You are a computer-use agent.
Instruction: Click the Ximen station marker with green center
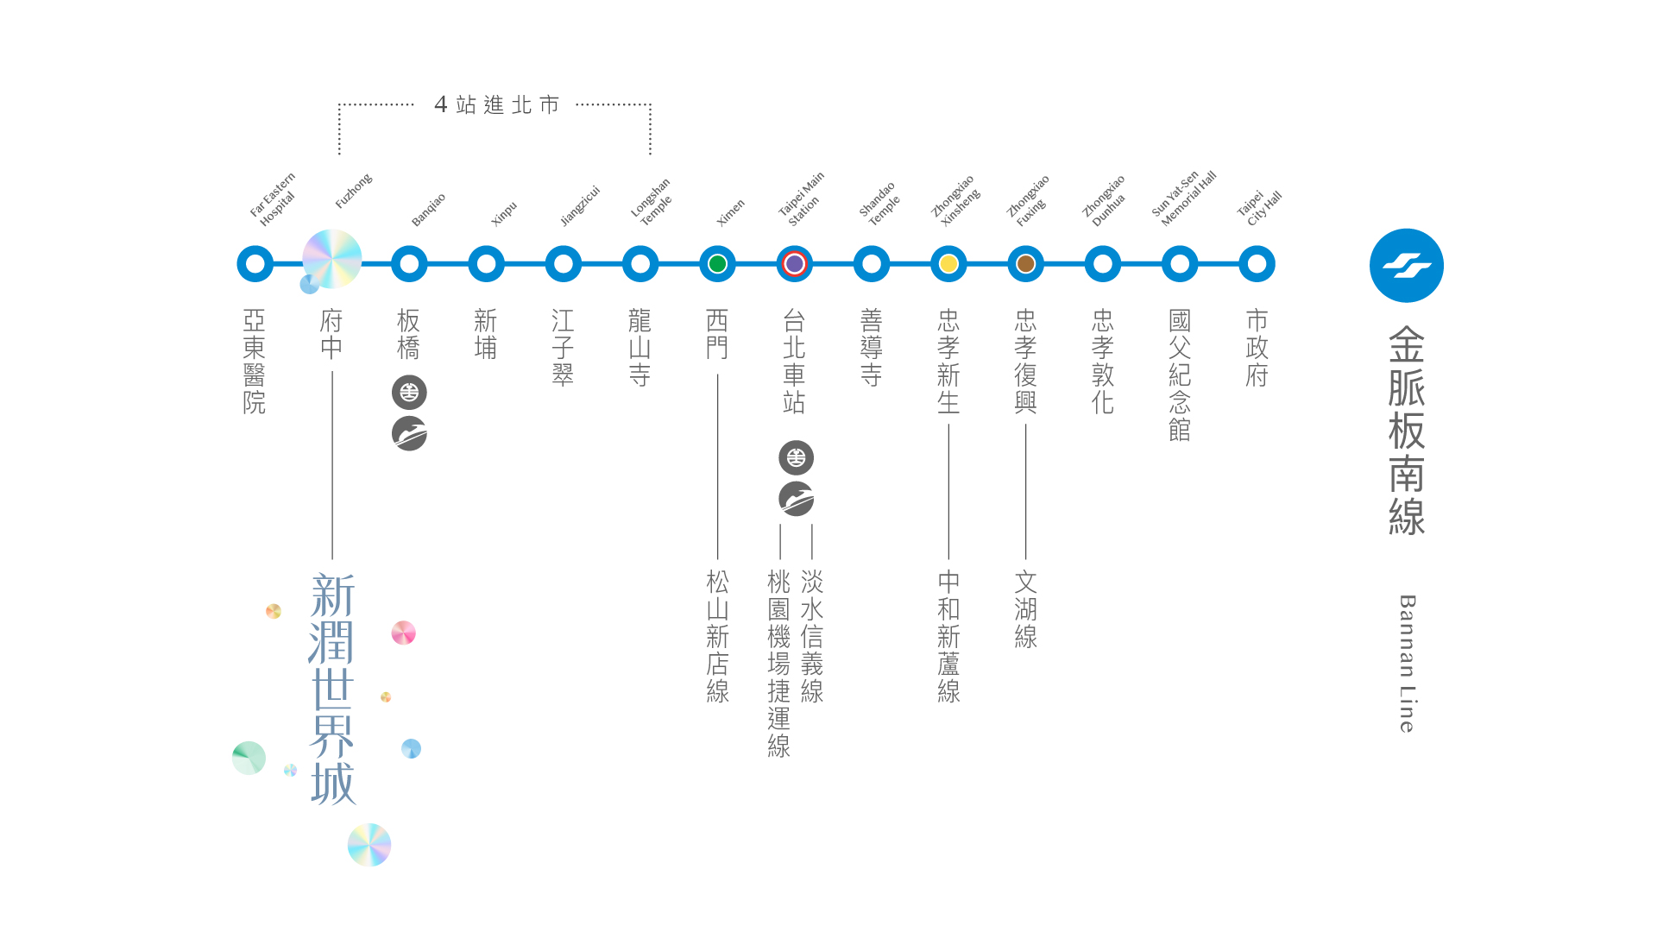click(x=717, y=264)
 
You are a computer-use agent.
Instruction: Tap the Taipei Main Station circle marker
click(x=794, y=264)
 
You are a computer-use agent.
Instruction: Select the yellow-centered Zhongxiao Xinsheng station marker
click(x=948, y=264)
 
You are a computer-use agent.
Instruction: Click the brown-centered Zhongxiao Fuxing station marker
click(x=1025, y=264)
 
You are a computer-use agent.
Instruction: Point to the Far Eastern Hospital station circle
click(x=255, y=264)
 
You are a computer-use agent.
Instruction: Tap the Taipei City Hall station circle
click(x=1257, y=264)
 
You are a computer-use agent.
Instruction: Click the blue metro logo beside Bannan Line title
click(x=1406, y=266)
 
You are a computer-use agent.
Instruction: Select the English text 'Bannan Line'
click(x=1407, y=663)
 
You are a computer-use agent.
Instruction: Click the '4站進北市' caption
click(x=496, y=105)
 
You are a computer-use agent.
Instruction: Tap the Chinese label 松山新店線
click(x=717, y=636)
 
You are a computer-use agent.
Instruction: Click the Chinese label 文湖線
click(x=1025, y=609)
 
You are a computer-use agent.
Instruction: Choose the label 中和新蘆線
click(x=948, y=636)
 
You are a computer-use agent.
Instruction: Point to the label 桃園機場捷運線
click(x=778, y=663)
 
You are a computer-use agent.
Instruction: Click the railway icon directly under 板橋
click(x=409, y=393)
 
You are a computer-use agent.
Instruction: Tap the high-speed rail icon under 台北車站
click(x=796, y=499)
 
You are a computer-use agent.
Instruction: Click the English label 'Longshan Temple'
click(x=652, y=203)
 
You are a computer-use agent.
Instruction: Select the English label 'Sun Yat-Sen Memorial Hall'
click(x=1184, y=199)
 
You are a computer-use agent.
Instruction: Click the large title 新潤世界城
click(x=332, y=689)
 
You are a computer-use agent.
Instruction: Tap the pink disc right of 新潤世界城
click(x=403, y=633)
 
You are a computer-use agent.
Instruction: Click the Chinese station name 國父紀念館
click(x=1180, y=375)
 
